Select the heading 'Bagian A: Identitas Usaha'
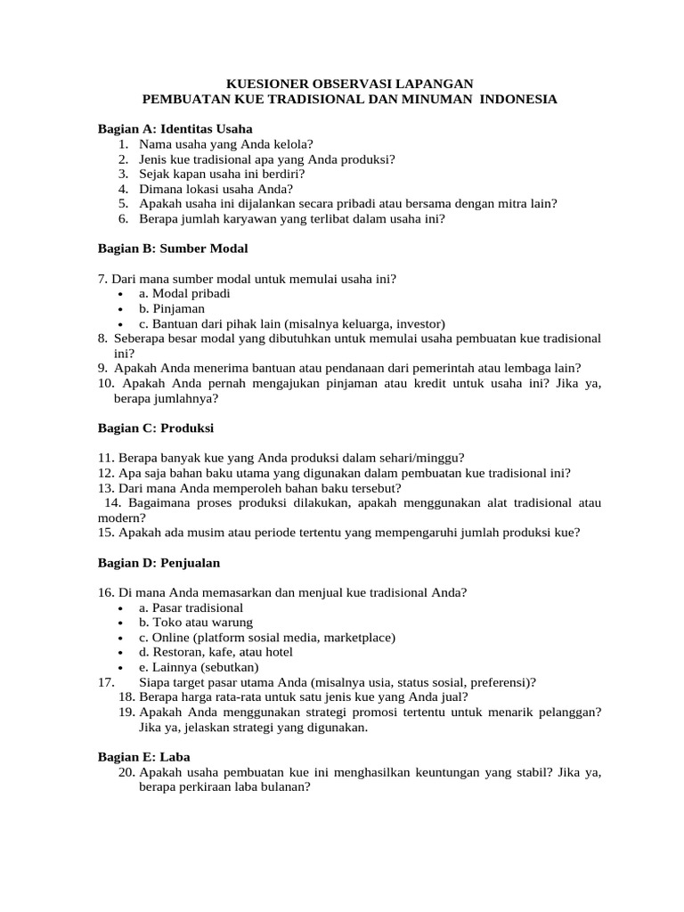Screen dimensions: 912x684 coord(175,128)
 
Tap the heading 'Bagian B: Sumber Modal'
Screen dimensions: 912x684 coord(173,248)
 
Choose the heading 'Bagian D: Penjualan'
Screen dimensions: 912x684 coord(159,563)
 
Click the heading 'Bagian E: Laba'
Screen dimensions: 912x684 coord(138,756)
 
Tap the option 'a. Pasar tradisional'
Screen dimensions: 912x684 coord(191,607)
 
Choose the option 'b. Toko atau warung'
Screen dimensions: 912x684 coord(196,623)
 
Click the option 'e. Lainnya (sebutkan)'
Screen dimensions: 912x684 coord(199,667)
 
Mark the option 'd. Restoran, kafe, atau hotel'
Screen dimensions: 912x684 coord(216,652)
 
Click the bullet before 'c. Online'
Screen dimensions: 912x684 coord(119,638)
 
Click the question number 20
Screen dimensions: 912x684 coord(126,772)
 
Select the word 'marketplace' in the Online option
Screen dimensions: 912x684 coord(358,638)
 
